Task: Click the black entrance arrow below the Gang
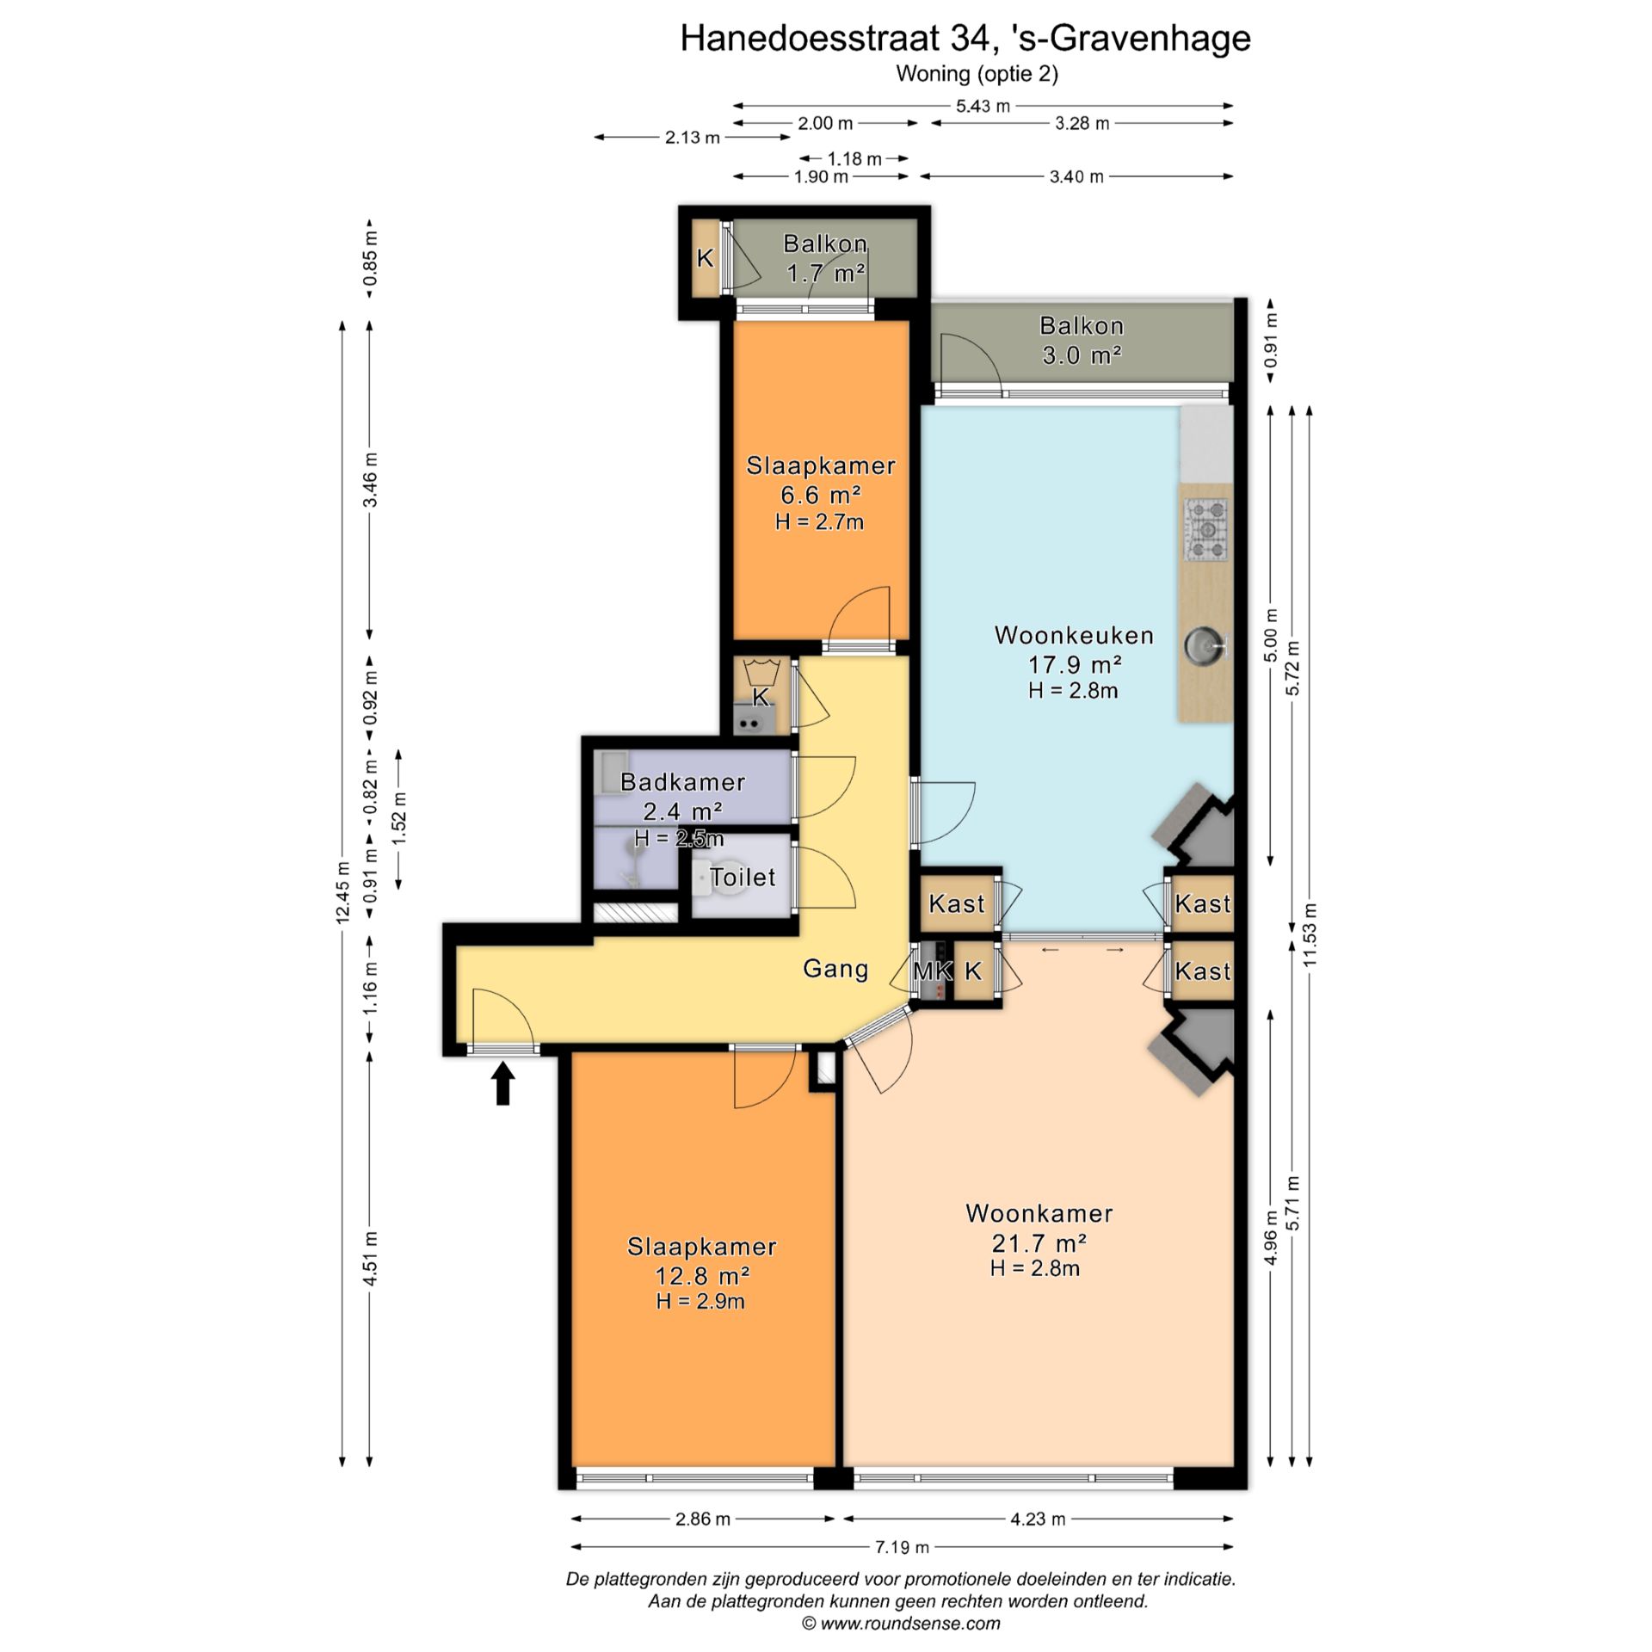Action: pyautogui.click(x=503, y=1083)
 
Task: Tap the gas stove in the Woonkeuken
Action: pyautogui.click(x=1206, y=530)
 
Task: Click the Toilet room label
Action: pyautogui.click(x=743, y=877)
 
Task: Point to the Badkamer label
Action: pyautogui.click(x=682, y=782)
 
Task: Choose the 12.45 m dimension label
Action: pyautogui.click(x=342, y=891)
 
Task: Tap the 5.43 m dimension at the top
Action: pyautogui.click(x=983, y=106)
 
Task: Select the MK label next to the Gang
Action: pyautogui.click(x=932, y=971)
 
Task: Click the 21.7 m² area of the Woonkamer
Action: pyautogui.click(x=1039, y=1242)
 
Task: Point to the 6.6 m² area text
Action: pyautogui.click(x=820, y=495)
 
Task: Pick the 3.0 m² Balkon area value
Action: pyautogui.click(x=1082, y=354)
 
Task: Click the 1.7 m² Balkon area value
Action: pyautogui.click(x=825, y=274)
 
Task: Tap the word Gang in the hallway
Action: pyautogui.click(x=835, y=969)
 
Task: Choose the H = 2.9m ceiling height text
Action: pyautogui.click(x=700, y=1301)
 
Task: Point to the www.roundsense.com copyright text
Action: pyautogui.click(x=901, y=1624)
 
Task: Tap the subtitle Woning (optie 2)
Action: pyautogui.click(x=977, y=74)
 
